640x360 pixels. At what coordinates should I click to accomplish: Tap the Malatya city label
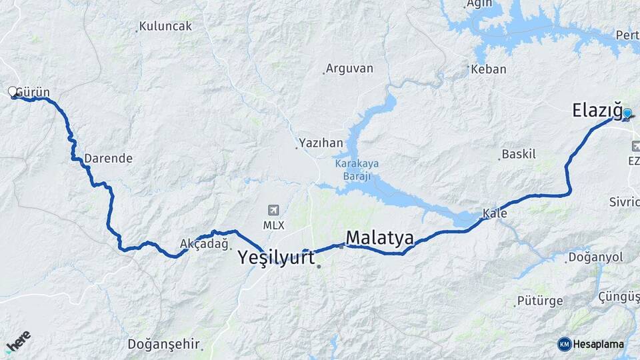pos(379,237)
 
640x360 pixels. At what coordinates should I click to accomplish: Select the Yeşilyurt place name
pos(277,258)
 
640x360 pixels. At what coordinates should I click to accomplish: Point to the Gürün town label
pos(33,92)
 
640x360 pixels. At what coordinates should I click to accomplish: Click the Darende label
pos(108,159)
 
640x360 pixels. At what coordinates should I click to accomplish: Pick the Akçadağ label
pos(204,245)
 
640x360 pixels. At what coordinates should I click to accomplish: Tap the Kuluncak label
pos(165,27)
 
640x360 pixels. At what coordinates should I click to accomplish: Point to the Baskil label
pos(519,154)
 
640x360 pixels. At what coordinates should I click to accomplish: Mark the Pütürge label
pos(541,301)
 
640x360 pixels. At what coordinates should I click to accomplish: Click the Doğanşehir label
pos(164,344)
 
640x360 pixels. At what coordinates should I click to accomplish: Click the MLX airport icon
pos(273,210)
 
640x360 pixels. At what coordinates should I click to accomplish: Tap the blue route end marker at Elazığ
pos(627,113)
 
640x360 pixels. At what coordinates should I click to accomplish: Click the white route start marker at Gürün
pos(12,91)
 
